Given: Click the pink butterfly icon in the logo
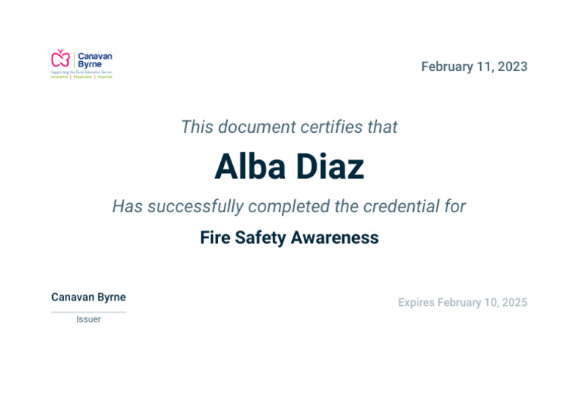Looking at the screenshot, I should coord(60,58).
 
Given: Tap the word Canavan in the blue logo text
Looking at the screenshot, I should coord(95,56).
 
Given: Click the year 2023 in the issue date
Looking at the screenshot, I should coord(513,66).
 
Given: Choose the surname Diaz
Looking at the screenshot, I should coord(329,167).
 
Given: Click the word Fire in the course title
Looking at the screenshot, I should coord(215,238).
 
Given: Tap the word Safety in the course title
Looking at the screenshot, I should coord(261,238).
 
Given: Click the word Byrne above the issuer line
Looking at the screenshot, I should coord(112,297).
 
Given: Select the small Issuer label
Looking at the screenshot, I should coord(88,319).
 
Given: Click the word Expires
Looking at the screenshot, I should coord(416,303).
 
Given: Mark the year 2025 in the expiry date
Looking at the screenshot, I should coord(514,303).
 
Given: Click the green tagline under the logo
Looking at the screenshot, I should coord(81,77).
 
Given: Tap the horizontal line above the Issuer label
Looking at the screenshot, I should coord(88,311).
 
